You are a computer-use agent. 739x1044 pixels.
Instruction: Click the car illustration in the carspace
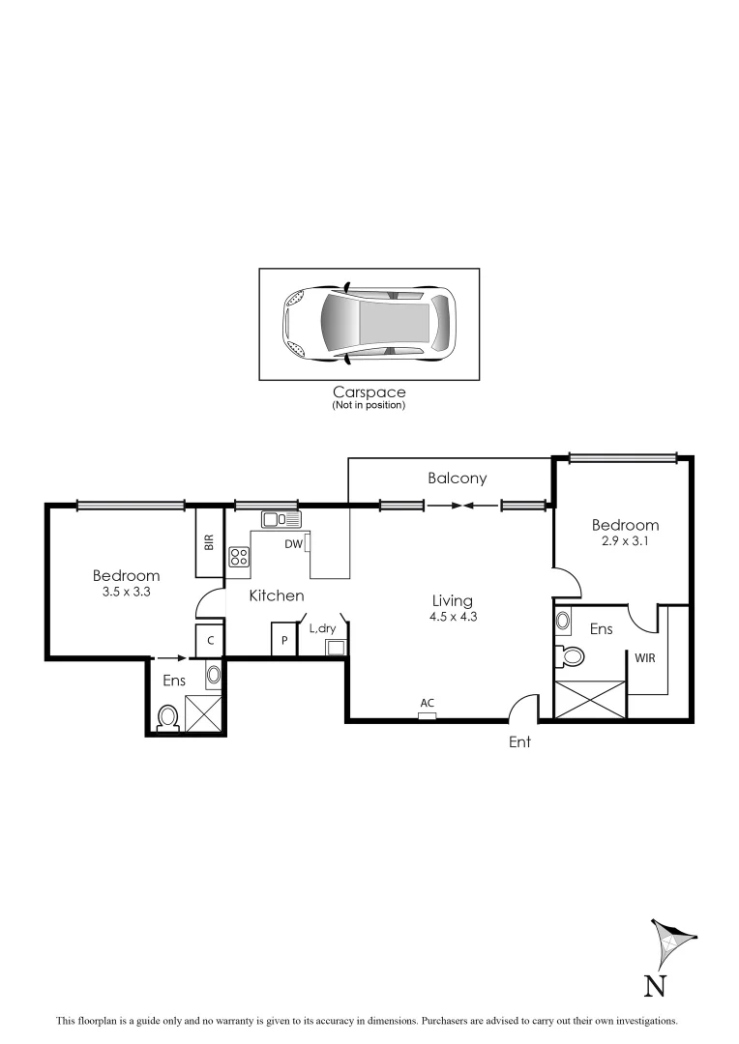(x=368, y=325)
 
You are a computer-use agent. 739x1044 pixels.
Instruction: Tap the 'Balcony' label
(x=458, y=478)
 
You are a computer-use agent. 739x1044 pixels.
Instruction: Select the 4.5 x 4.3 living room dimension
(x=453, y=618)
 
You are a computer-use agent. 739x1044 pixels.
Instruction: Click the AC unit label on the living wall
(x=427, y=703)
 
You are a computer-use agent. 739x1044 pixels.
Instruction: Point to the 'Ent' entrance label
(x=520, y=743)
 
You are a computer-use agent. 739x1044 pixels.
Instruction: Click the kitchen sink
(x=281, y=520)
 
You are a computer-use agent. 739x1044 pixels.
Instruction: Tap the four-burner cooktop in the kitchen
(x=239, y=557)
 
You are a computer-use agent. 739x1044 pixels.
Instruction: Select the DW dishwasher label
(x=294, y=544)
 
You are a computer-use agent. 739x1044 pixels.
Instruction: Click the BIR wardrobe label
(x=209, y=542)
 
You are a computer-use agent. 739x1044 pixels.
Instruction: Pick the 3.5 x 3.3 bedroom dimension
(x=127, y=593)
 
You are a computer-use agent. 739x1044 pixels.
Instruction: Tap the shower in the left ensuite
(x=204, y=713)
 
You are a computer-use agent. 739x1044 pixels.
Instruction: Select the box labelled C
(x=210, y=641)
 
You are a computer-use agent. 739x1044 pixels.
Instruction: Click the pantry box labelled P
(x=285, y=641)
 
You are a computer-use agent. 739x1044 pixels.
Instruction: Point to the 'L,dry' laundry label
(x=322, y=628)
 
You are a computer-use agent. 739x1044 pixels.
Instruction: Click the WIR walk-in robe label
(x=646, y=657)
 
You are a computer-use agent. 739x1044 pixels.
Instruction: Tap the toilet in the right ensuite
(x=572, y=657)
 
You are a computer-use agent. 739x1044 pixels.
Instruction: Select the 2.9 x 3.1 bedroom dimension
(x=625, y=542)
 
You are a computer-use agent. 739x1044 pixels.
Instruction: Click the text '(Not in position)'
(x=369, y=405)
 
